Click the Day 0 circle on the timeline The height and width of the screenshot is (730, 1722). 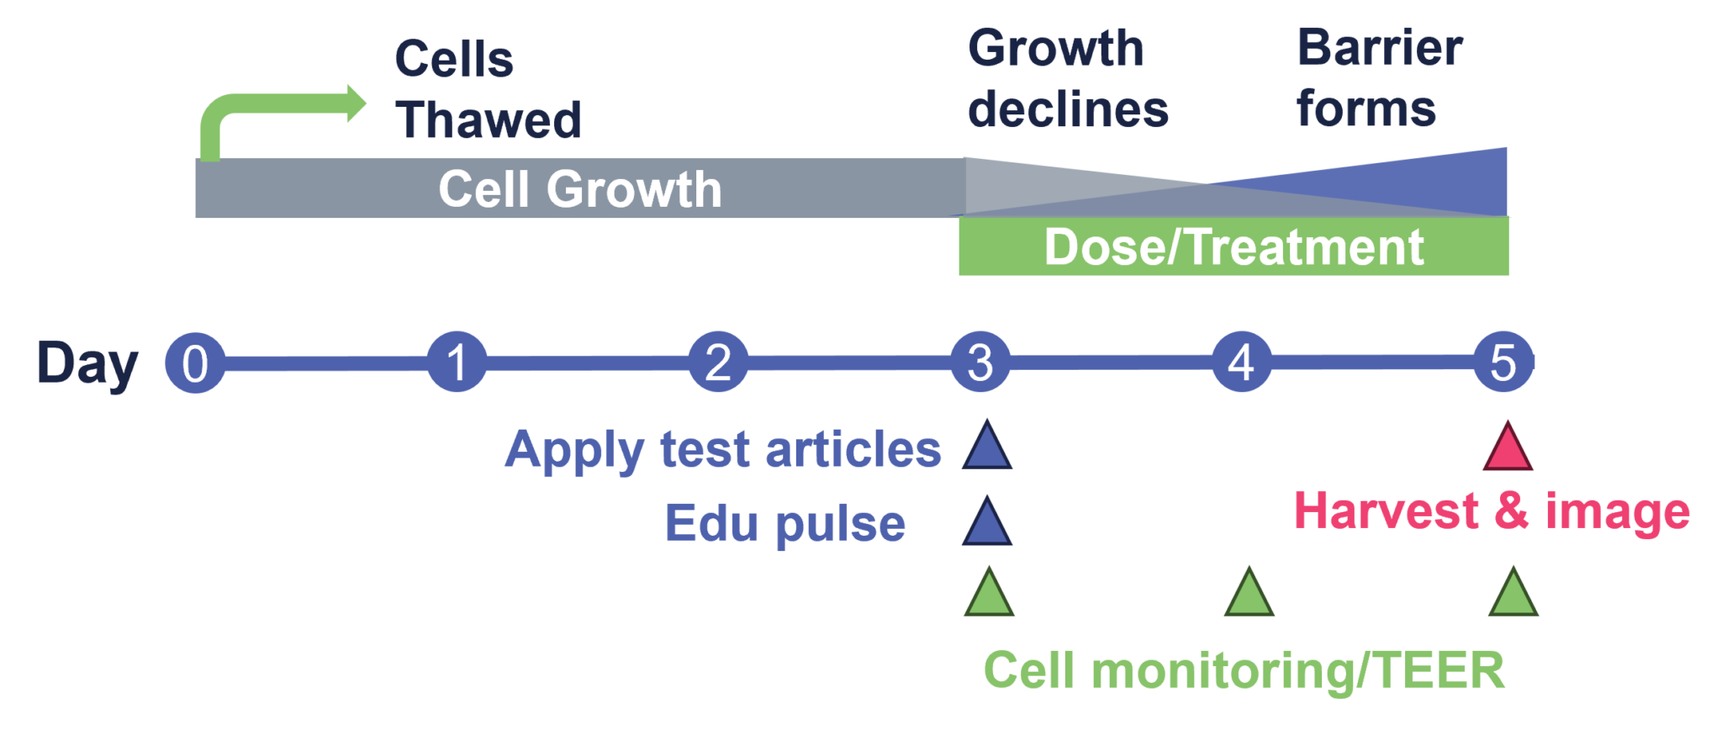point(195,363)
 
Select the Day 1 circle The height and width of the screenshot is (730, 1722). point(457,362)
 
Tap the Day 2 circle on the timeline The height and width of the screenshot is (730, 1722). point(718,362)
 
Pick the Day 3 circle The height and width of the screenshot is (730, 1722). point(980,362)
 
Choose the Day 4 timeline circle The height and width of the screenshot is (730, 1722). point(1241,362)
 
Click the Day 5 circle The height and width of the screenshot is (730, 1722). point(1503,362)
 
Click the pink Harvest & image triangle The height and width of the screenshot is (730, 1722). point(1508,448)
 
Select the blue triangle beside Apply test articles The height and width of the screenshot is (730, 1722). point(987,447)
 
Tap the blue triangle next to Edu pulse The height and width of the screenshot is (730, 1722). point(987,522)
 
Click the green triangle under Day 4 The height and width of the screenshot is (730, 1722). point(1249,594)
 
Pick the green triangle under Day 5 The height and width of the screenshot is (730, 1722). point(1513,594)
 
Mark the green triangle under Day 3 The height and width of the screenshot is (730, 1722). point(989,594)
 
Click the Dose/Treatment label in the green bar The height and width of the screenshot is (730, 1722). point(1233,247)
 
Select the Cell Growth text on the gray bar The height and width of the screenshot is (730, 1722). point(580,188)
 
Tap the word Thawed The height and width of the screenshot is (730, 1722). point(489,119)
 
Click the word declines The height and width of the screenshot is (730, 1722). point(1068,109)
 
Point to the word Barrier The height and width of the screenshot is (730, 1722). point(1380,48)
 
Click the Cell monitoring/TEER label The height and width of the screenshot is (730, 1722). point(1244,671)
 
